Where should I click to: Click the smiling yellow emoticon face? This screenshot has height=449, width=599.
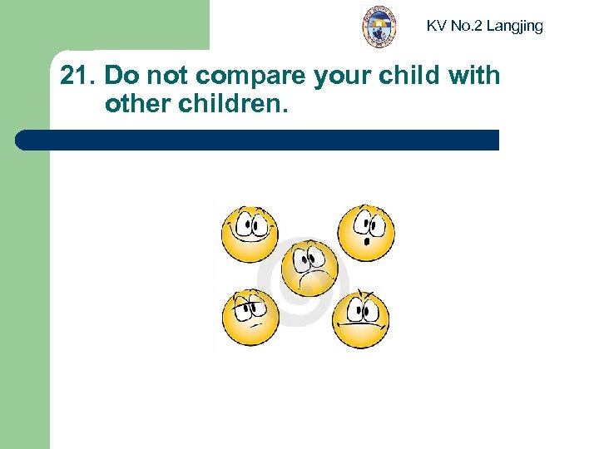249,232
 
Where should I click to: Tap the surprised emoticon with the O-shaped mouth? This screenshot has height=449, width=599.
364,230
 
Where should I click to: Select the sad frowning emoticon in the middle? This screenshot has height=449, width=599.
309,267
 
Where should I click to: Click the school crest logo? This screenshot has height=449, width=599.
379,27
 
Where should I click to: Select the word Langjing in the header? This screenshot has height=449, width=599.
514,26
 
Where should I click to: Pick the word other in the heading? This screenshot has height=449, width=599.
136,106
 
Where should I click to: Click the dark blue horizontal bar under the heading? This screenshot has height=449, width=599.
258,140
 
